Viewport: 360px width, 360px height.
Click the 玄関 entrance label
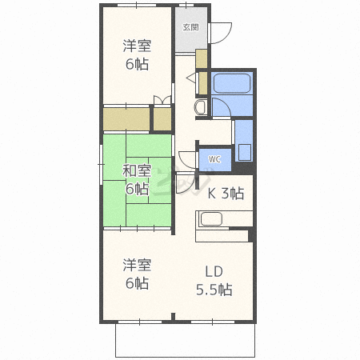pos(191,27)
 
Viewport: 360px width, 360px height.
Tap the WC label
pos(214,159)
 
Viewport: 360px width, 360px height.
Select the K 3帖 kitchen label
pos(226,194)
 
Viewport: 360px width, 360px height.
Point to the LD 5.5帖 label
pos(214,281)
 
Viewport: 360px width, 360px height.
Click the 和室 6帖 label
pos(137,180)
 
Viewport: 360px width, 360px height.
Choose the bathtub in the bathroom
pos(232,83)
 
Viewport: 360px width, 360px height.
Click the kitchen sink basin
pos(211,219)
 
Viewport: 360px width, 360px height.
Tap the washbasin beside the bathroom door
pos(201,107)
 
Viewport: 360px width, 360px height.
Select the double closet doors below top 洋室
pos(162,101)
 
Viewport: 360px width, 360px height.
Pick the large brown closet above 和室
pos(126,119)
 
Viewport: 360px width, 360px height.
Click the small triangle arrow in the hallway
pos(191,78)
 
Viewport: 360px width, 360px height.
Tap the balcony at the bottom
pos(185,340)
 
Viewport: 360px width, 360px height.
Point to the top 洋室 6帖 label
pos(137,54)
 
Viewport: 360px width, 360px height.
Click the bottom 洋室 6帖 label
pos(137,274)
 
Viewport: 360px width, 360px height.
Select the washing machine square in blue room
pos(245,153)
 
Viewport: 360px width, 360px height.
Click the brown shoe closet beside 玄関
pos(202,58)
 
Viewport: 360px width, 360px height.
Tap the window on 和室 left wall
pos(101,164)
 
